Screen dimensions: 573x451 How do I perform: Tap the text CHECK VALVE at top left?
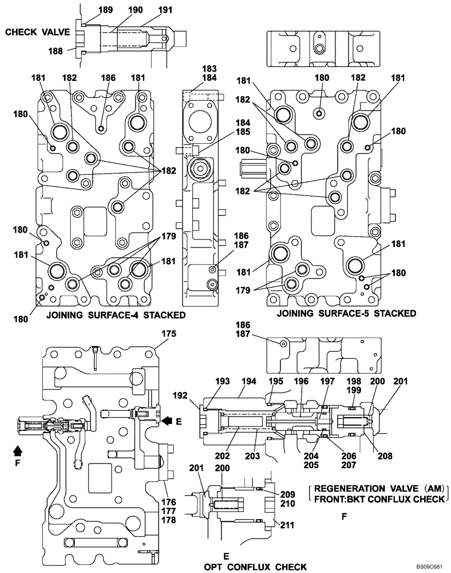[37, 33]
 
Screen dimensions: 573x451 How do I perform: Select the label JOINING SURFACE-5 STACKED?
[346, 313]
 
